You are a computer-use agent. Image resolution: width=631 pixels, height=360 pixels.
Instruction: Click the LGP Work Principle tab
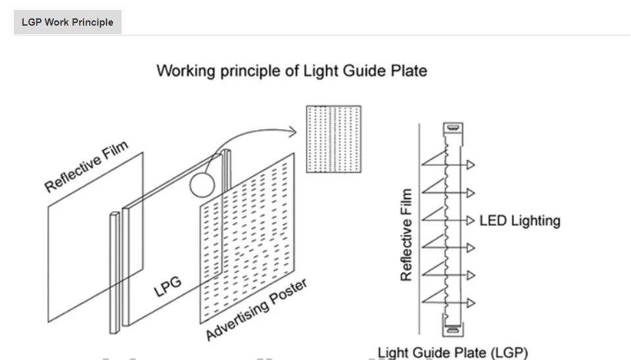(68, 22)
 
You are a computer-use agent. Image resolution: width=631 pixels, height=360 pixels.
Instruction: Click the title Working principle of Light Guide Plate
(292, 71)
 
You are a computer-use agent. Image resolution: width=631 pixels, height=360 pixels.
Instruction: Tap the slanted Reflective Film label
(86, 166)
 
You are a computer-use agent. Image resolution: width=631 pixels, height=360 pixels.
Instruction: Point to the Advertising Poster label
(257, 309)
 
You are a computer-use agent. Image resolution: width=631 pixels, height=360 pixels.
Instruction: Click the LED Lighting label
(520, 221)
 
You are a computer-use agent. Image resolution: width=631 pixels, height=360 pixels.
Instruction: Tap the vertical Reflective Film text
(406, 235)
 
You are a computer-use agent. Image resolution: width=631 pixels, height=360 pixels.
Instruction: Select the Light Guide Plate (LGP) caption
(453, 353)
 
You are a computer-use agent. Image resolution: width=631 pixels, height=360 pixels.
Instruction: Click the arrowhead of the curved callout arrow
(292, 131)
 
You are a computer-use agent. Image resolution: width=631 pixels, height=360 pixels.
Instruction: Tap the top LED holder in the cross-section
(453, 129)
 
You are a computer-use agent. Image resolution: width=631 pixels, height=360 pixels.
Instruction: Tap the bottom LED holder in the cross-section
(453, 330)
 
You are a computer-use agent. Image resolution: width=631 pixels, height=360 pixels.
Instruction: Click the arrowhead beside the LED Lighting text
(471, 221)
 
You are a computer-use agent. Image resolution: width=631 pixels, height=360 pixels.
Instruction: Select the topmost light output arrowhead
(471, 164)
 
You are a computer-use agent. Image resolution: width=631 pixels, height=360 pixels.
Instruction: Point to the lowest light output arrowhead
(471, 303)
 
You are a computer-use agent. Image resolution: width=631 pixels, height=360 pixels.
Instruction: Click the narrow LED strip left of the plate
(114, 273)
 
